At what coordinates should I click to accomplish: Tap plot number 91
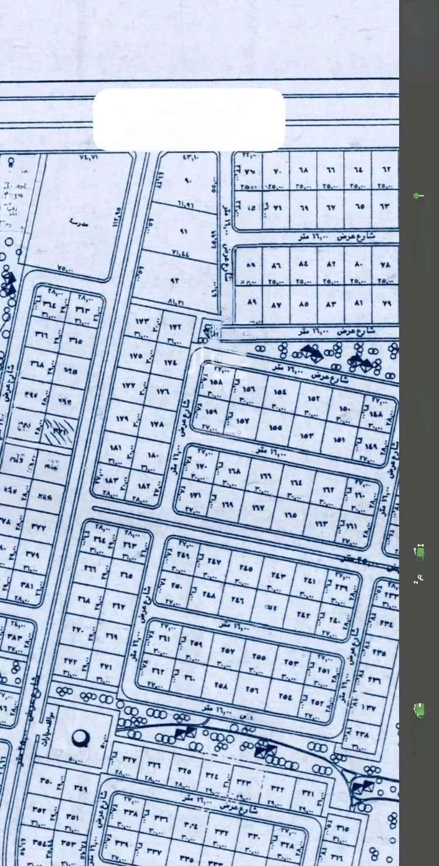pos(183,231)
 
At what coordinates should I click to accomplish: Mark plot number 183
pos(112,480)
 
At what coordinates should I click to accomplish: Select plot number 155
pos(276,427)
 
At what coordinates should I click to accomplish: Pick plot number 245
pos(246,567)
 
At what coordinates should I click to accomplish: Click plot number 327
pos(129,759)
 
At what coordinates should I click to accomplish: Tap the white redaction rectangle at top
pos(188,120)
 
